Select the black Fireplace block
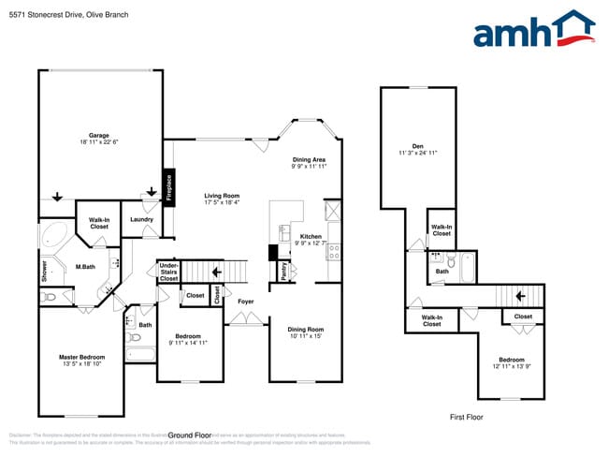click(x=169, y=188)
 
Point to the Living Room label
click(x=222, y=196)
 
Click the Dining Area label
click(x=309, y=160)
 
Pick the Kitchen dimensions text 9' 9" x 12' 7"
click(x=311, y=243)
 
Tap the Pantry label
click(x=284, y=271)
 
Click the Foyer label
click(x=245, y=302)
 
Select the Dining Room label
click(x=305, y=329)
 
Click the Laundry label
click(x=141, y=220)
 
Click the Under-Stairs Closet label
click(x=168, y=272)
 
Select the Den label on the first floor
click(x=418, y=145)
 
